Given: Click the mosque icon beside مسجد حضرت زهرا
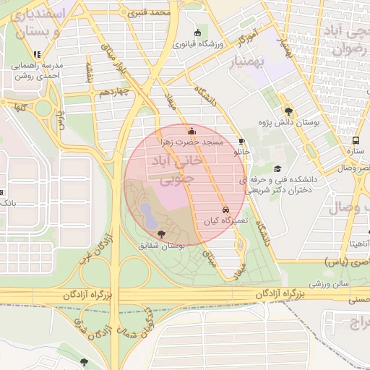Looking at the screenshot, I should tap(192, 131).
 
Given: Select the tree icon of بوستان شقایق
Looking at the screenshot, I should tap(160, 234).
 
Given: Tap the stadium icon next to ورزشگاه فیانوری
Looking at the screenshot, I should tap(198, 33).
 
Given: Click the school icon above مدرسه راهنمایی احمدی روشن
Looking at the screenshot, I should tap(37, 54).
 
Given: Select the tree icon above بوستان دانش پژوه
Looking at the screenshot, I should tap(289, 111).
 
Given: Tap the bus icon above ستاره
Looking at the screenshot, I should tap(356, 140).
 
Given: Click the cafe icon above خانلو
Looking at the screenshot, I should tap(241, 142).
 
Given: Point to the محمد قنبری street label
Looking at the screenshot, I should tap(150, 12).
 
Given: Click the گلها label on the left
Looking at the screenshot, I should tap(17, 108).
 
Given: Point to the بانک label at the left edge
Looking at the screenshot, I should tap(7, 203).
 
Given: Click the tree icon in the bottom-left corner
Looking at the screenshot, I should tap(85, 361).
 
